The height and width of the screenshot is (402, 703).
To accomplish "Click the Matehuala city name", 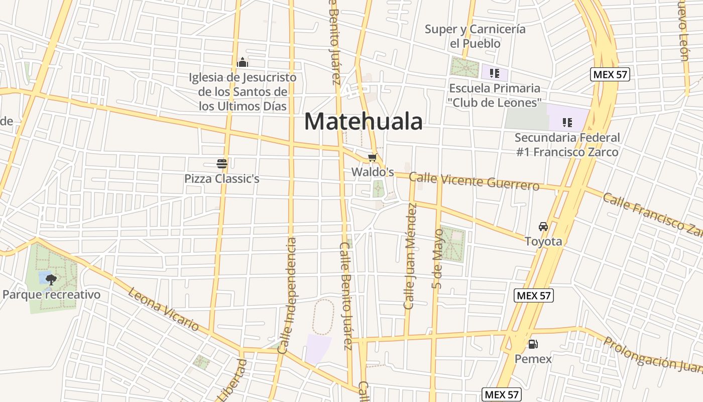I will click(x=363, y=122).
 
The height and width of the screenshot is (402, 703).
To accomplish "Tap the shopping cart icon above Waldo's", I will click(x=372, y=158).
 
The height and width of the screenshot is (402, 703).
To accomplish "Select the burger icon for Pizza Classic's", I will click(x=222, y=163).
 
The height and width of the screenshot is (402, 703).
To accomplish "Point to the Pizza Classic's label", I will click(x=221, y=178).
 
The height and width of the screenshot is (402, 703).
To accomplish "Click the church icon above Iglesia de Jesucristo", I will click(x=243, y=63).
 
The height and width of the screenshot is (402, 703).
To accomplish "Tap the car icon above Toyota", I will click(x=543, y=227).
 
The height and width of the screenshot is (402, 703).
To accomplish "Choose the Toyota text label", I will click(x=543, y=241).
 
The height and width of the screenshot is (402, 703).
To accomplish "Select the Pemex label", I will click(x=533, y=359).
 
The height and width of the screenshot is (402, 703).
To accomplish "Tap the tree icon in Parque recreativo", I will click(x=51, y=279).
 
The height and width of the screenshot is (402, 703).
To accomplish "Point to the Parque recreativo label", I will click(x=51, y=294).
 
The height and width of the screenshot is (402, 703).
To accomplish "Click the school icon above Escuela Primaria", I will click(x=495, y=73).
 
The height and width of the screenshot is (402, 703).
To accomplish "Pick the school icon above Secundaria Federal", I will click(x=567, y=122).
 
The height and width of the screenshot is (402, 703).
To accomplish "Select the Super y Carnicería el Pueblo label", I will click(x=475, y=36).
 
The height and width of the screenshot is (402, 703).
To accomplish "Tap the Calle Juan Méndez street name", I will click(x=410, y=256).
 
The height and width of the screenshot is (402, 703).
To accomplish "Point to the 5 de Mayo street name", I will click(x=437, y=259).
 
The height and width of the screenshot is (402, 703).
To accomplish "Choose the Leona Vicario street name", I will click(x=164, y=309).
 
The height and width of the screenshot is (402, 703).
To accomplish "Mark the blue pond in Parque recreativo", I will click(x=44, y=276).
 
